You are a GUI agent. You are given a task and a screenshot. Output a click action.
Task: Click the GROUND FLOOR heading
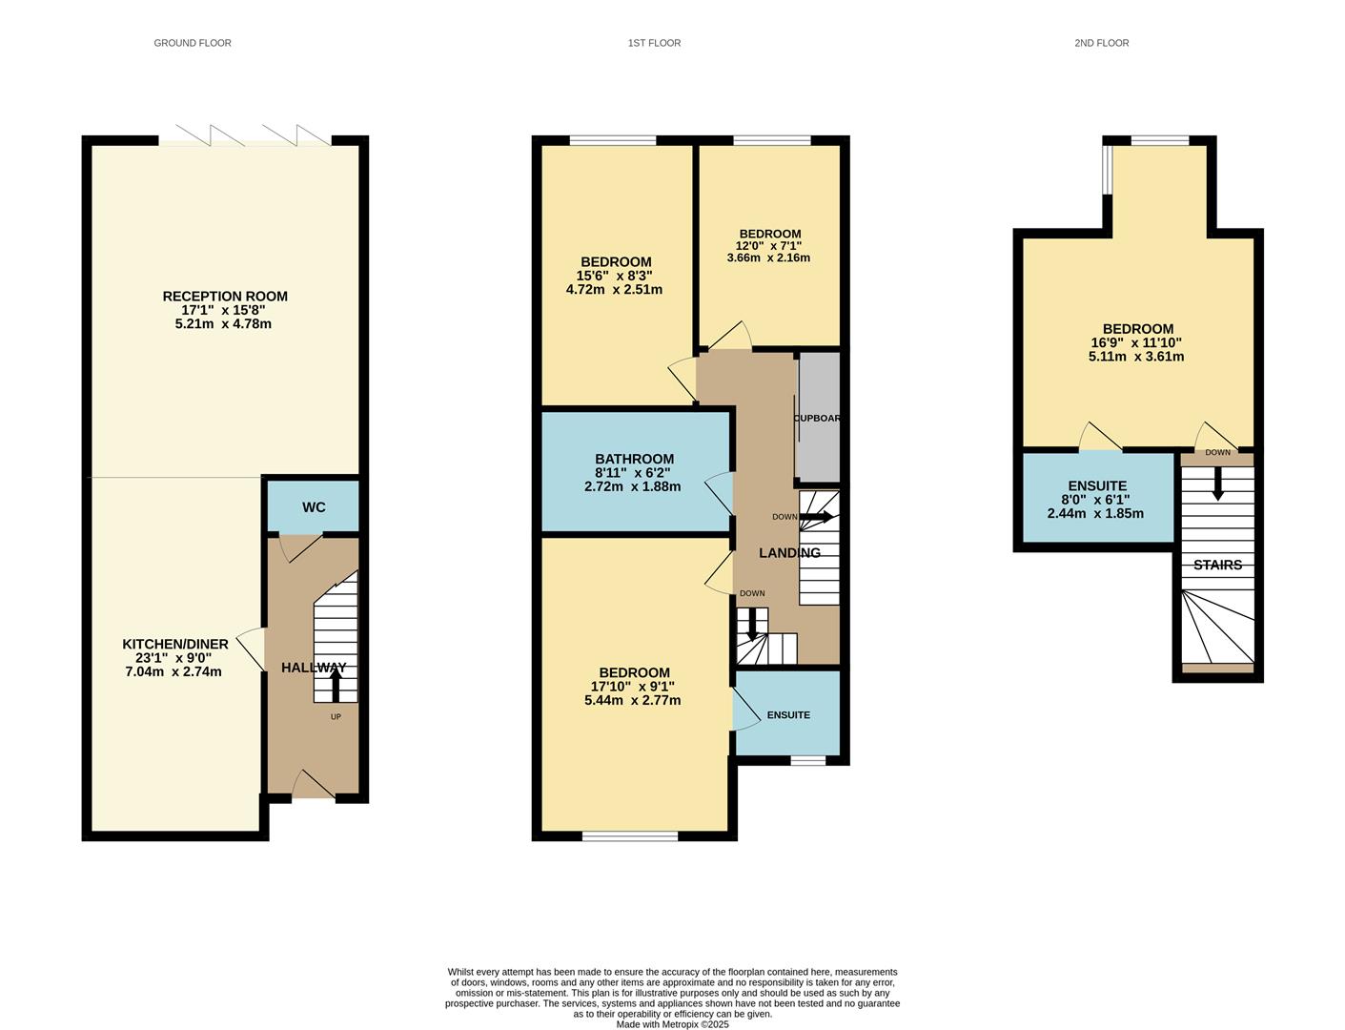(193, 43)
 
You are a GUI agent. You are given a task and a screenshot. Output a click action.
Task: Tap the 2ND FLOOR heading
(1101, 43)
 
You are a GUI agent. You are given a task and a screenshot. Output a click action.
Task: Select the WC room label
(314, 507)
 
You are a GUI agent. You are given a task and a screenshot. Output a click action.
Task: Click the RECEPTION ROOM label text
(225, 297)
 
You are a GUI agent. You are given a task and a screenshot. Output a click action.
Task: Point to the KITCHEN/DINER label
(175, 645)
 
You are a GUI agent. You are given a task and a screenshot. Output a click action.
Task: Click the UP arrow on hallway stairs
(335, 686)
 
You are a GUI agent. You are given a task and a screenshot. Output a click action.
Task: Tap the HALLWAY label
(314, 668)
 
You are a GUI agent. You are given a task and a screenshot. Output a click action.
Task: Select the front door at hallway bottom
(313, 786)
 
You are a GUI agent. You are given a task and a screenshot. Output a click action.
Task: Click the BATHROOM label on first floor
(634, 459)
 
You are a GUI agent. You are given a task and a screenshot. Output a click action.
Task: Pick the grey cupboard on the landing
(819, 418)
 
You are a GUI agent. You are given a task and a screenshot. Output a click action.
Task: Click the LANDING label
(789, 553)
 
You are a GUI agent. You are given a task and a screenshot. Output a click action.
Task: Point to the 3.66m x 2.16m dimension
(768, 257)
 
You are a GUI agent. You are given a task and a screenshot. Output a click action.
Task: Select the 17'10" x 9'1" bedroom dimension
(633, 686)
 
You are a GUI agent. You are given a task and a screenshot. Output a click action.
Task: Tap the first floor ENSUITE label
(788, 715)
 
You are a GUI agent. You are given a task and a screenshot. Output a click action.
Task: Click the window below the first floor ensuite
(808, 760)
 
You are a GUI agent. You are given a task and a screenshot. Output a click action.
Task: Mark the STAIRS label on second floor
(1217, 565)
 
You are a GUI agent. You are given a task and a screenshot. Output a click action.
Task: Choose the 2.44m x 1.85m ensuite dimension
(1095, 513)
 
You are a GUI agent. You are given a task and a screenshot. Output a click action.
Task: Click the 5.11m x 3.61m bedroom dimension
(1136, 357)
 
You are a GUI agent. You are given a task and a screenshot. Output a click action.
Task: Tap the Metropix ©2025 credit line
(672, 1024)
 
